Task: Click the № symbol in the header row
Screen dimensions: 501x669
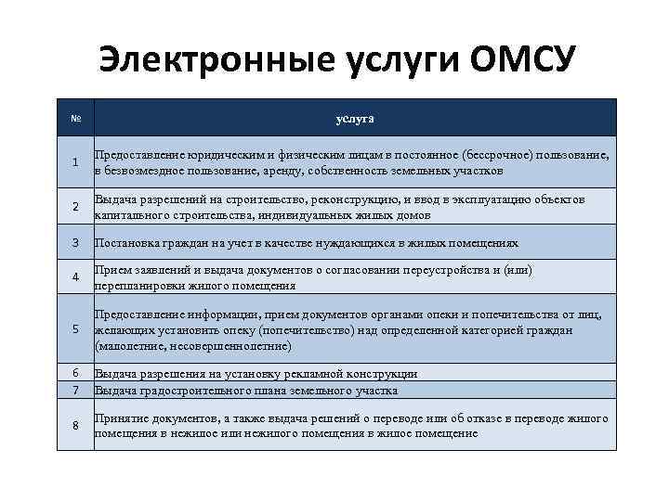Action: click(x=75, y=119)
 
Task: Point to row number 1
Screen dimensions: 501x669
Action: click(x=75, y=163)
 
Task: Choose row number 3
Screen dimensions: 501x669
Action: click(x=75, y=243)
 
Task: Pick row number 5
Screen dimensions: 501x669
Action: click(x=75, y=329)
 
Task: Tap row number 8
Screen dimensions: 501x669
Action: click(x=75, y=425)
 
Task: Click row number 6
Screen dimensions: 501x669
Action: click(x=75, y=372)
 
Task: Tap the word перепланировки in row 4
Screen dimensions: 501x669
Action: click(x=138, y=286)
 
